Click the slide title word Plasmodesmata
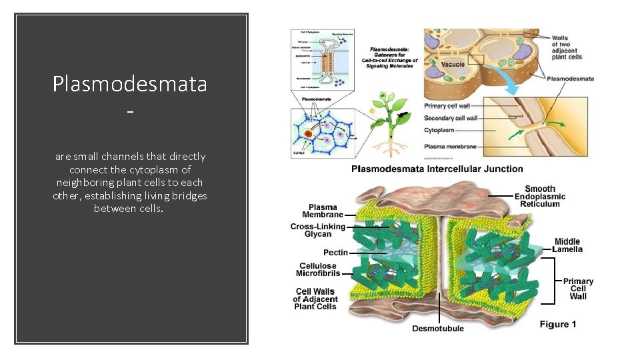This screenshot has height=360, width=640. tap(130, 84)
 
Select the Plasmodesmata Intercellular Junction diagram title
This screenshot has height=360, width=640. tap(437, 169)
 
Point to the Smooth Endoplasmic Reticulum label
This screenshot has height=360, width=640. tap(539, 197)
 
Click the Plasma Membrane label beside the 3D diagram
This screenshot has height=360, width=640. tap(323, 211)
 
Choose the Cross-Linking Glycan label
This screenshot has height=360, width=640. tap(317, 230)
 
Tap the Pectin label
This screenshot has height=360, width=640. tap(335, 253)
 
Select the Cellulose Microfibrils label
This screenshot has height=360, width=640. tap(319, 269)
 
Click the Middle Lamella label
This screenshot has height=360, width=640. tap(567, 245)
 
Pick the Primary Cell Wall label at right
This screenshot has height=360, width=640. tap(578, 289)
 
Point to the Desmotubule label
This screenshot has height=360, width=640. tap(437, 328)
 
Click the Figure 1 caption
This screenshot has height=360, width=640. tap(558, 325)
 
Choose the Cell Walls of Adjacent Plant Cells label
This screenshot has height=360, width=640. tap(315, 299)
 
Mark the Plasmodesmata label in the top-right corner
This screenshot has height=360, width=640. tap(570, 79)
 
